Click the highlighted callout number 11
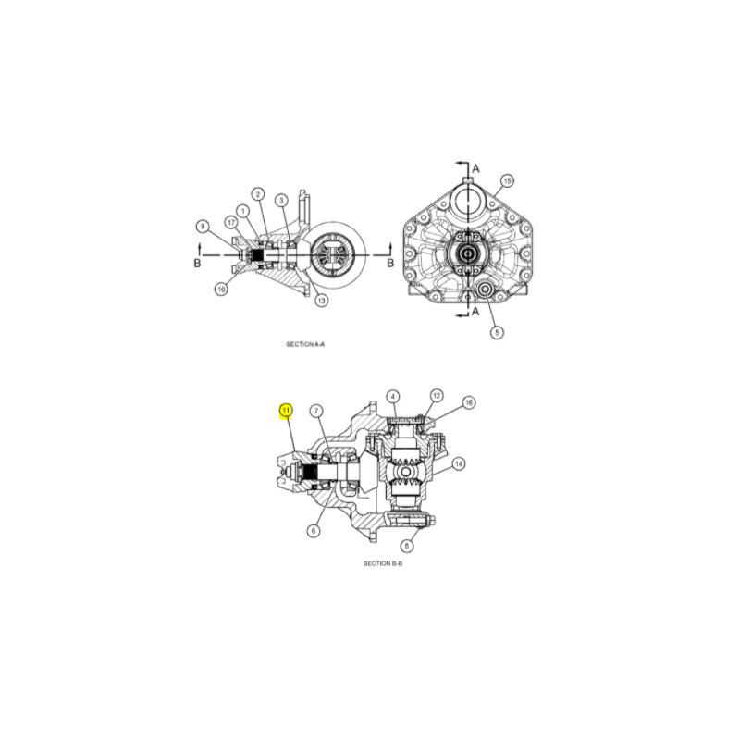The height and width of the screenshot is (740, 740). [x=286, y=411]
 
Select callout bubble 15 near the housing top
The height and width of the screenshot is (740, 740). [x=507, y=180]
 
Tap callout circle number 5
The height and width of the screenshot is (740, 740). [x=497, y=332]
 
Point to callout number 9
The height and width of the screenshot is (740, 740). [x=203, y=227]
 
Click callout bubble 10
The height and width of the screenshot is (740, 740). [x=221, y=289]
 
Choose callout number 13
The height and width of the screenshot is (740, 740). [x=321, y=300]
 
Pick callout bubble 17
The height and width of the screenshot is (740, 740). [x=230, y=222]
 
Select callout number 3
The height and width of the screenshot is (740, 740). [x=282, y=201]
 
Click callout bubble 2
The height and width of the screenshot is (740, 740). [x=258, y=194]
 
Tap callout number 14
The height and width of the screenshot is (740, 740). [x=459, y=464]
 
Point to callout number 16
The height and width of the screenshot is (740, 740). [x=469, y=402]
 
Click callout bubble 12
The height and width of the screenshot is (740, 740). [x=437, y=396]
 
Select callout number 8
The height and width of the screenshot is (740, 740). [x=406, y=546]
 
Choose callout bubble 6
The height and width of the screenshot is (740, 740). [x=314, y=531]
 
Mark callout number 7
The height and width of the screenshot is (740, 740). [x=316, y=411]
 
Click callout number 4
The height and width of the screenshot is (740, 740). [x=392, y=397]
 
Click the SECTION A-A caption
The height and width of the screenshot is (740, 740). [x=305, y=344]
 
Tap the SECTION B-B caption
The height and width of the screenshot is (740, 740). [x=383, y=563]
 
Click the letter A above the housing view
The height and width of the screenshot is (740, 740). [x=475, y=168]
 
